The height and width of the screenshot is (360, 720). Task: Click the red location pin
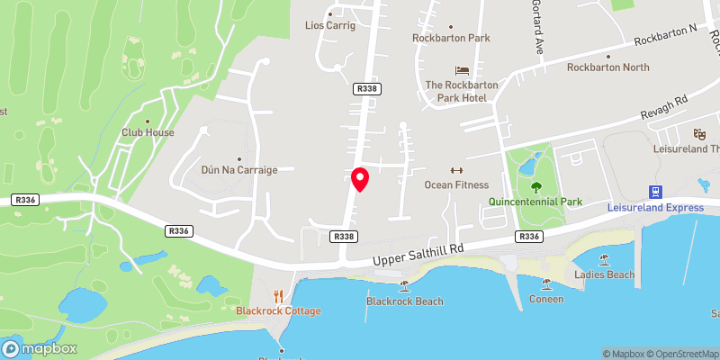[360, 178]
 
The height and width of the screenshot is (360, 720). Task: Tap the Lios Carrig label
[330, 25]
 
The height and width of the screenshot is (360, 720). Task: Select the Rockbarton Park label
[450, 38]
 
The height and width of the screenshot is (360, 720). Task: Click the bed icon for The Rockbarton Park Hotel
[462, 70]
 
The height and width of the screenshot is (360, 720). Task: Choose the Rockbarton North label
[607, 67]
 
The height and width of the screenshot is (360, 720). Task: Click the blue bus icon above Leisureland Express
[656, 191]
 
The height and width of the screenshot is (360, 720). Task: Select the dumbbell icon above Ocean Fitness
[455, 171]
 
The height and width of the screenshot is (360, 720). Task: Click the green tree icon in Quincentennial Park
[536, 187]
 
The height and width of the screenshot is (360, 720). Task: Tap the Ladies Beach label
[604, 274]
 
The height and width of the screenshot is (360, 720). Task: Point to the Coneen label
[546, 299]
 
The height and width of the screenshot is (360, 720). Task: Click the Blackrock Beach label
[404, 301]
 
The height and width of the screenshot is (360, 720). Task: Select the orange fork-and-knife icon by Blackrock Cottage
[279, 295]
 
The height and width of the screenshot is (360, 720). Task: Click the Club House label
[148, 132]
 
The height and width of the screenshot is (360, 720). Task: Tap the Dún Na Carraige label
[238, 169]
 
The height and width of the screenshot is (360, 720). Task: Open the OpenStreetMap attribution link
[684, 354]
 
